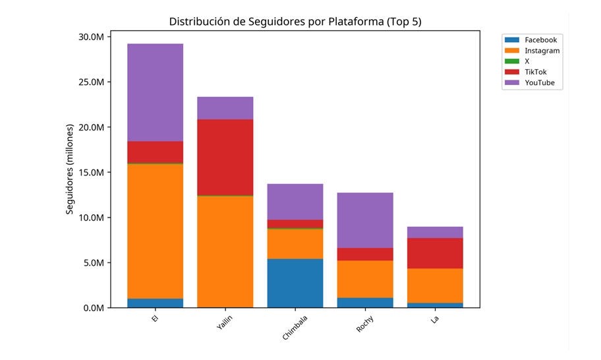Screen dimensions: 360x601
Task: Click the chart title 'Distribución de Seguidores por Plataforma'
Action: pyautogui.click(x=295, y=21)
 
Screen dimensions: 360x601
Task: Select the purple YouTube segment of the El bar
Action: pyautogui.click(x=155, y=92)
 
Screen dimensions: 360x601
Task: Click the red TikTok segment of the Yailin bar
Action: pyautogui.click(x=225, y=157)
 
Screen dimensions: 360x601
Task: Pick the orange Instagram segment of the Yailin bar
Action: pyautogui.click(x=225, y=251)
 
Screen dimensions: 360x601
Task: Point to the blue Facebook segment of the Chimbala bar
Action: pyautogui.click(x=295, y=283)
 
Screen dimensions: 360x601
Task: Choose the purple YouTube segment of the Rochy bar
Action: pyautogui.click(x=365, y=220)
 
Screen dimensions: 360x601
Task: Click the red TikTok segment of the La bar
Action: pyautogui.click(x=435, y=253)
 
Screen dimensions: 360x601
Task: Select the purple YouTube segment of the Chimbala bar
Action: pyautogui.click(x=295, y=202)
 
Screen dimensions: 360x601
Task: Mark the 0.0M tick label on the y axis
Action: pyautogui.click(x=94, y=308)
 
